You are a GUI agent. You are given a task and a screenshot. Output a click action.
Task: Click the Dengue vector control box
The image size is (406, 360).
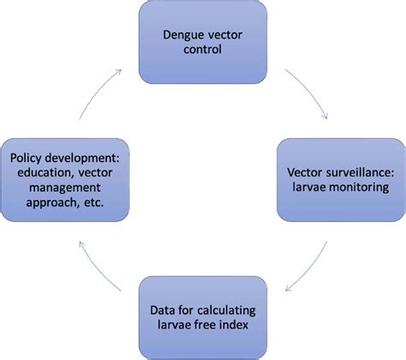tap(203, 40)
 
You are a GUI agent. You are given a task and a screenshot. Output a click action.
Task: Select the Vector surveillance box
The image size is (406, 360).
tap(340, 183)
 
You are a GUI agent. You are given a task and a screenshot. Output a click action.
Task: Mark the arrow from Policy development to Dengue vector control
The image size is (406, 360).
tap(97, 92)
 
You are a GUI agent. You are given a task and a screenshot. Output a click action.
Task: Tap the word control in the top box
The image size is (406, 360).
tap(203, 50)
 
